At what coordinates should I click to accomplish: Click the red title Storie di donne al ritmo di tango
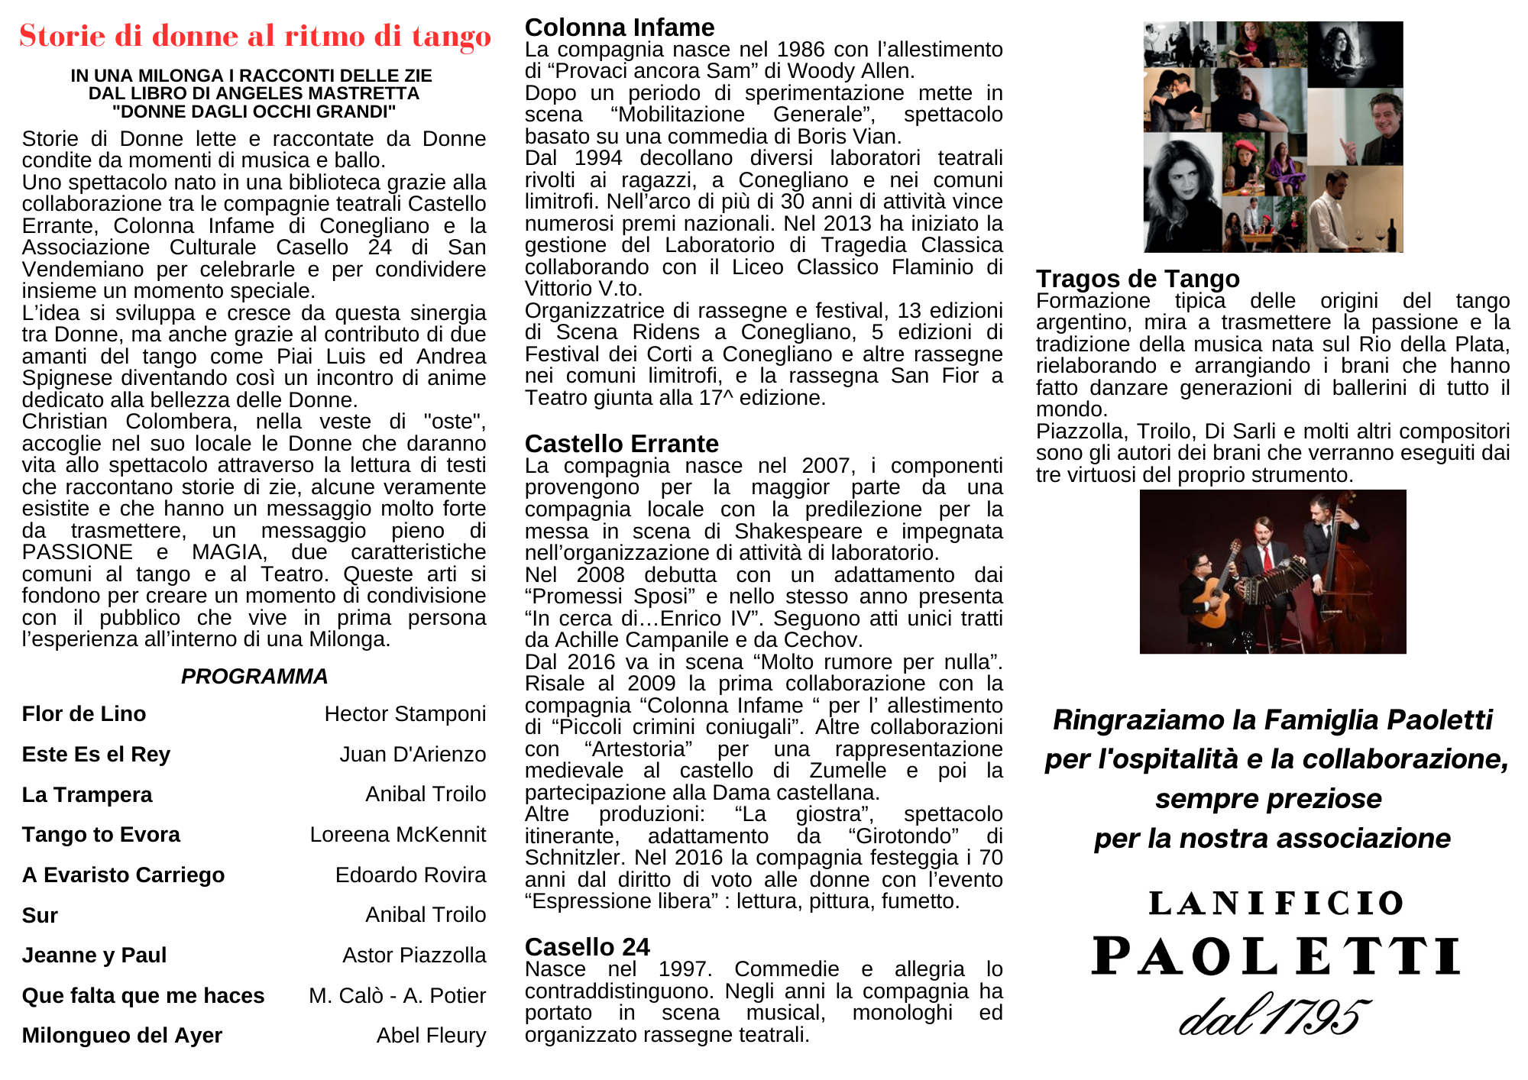click(255, 36)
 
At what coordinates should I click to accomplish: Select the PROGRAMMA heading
click(254, 676)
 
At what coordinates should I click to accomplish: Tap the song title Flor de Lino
click(84, 713)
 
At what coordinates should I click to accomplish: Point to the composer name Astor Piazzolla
click(414, 955)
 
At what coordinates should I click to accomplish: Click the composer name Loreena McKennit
click(397, 834)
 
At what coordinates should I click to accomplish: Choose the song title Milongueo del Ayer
click(122, 1035)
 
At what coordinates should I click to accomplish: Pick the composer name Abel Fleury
click(431, 1035)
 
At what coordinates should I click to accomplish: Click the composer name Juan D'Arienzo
click(413, 754)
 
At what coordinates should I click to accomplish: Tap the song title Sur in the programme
click(40, 915)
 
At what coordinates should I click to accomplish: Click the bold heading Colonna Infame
click(620, 27)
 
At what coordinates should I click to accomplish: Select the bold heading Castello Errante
click(622, 444)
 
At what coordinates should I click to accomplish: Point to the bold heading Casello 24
click(587, 947)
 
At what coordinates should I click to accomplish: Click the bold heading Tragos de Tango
click(1138, 279)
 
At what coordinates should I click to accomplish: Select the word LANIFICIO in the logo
click(1276, 904)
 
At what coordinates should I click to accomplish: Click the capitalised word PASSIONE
click(77, 552)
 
